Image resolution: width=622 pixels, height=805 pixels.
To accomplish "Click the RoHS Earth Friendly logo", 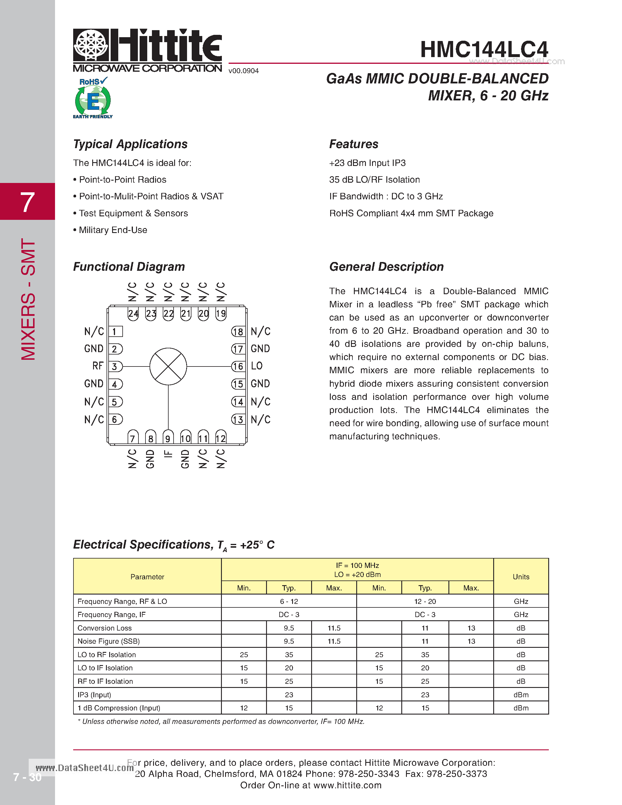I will coord(92,98).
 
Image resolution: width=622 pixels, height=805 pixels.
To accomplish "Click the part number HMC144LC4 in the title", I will coord(484,49).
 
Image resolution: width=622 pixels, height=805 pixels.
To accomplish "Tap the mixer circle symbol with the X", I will coord(168,366).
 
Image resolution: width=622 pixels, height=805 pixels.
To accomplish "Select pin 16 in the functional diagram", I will coord(238,366).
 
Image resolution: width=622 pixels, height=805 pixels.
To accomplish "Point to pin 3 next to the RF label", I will coord(115,366).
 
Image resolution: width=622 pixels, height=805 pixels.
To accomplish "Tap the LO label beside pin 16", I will coord(256,366).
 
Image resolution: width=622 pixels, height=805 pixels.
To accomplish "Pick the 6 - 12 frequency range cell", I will coord(289,602).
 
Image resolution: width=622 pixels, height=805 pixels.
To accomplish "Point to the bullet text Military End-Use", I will coord(113,230).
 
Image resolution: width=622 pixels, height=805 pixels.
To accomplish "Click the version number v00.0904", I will coord(244,71).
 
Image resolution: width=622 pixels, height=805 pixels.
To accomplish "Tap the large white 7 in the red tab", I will coord(27,202).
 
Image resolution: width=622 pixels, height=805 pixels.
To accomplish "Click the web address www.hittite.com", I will coord(347,785).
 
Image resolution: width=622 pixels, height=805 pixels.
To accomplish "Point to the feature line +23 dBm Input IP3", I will coord(367,163).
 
